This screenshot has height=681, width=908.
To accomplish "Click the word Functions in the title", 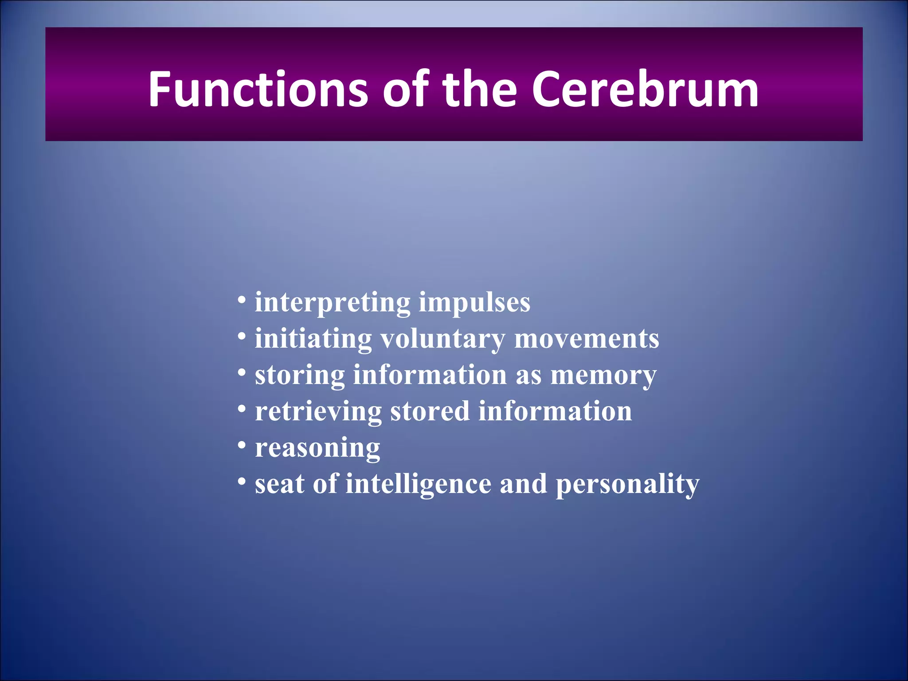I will point(258,90).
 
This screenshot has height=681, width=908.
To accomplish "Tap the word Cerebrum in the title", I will point(645,90).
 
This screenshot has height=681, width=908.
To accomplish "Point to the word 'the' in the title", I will point(479,90).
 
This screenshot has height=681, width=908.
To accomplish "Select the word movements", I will point(586,339).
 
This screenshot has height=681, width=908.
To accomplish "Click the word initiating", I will point(313,339).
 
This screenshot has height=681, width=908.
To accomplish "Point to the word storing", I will point(300,376).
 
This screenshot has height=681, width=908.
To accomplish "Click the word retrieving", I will point(318,412).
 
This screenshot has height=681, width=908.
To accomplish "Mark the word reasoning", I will point(317,449).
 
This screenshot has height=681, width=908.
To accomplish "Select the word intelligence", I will point(418,484).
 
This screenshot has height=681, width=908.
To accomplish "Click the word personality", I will point(627,485).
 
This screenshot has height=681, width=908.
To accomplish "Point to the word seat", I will point(279,484).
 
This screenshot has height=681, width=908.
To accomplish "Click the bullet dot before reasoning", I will point(242,444).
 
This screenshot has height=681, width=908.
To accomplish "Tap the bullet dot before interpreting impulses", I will point(242,299).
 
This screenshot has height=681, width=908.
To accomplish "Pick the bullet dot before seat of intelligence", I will point(242,481).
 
